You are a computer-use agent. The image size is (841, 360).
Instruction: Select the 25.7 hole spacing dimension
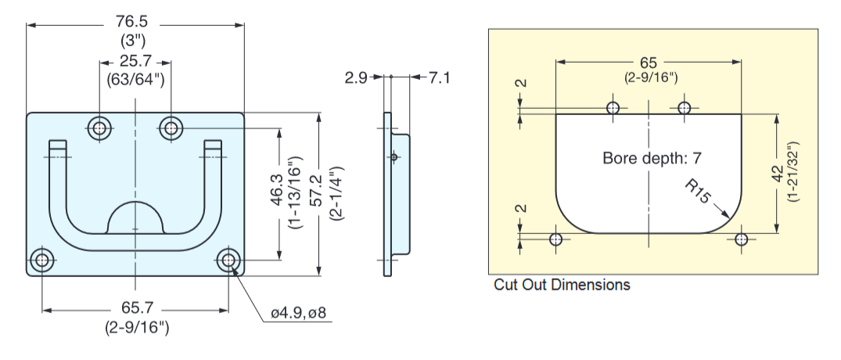click(135, 61)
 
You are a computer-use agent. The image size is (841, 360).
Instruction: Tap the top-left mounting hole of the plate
click(99, 127)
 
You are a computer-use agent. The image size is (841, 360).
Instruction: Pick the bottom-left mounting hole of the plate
click(42, 261)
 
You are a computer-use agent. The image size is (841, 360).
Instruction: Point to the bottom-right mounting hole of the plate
click(228, 261)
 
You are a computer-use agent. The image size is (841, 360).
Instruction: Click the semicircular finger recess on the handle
click(135, 218)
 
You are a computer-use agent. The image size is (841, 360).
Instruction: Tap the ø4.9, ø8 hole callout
click(298, 314)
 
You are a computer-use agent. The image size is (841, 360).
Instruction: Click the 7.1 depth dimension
click(439, 77)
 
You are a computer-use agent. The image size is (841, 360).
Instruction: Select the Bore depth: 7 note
click(652, 158)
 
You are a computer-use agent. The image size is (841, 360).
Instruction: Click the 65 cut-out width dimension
click(649, 63)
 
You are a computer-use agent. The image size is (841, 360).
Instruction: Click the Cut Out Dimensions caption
click(562, 285)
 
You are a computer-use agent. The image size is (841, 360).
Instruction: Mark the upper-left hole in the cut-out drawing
click(613, 107)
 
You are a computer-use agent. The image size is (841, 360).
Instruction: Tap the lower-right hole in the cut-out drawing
click(742, 239)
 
